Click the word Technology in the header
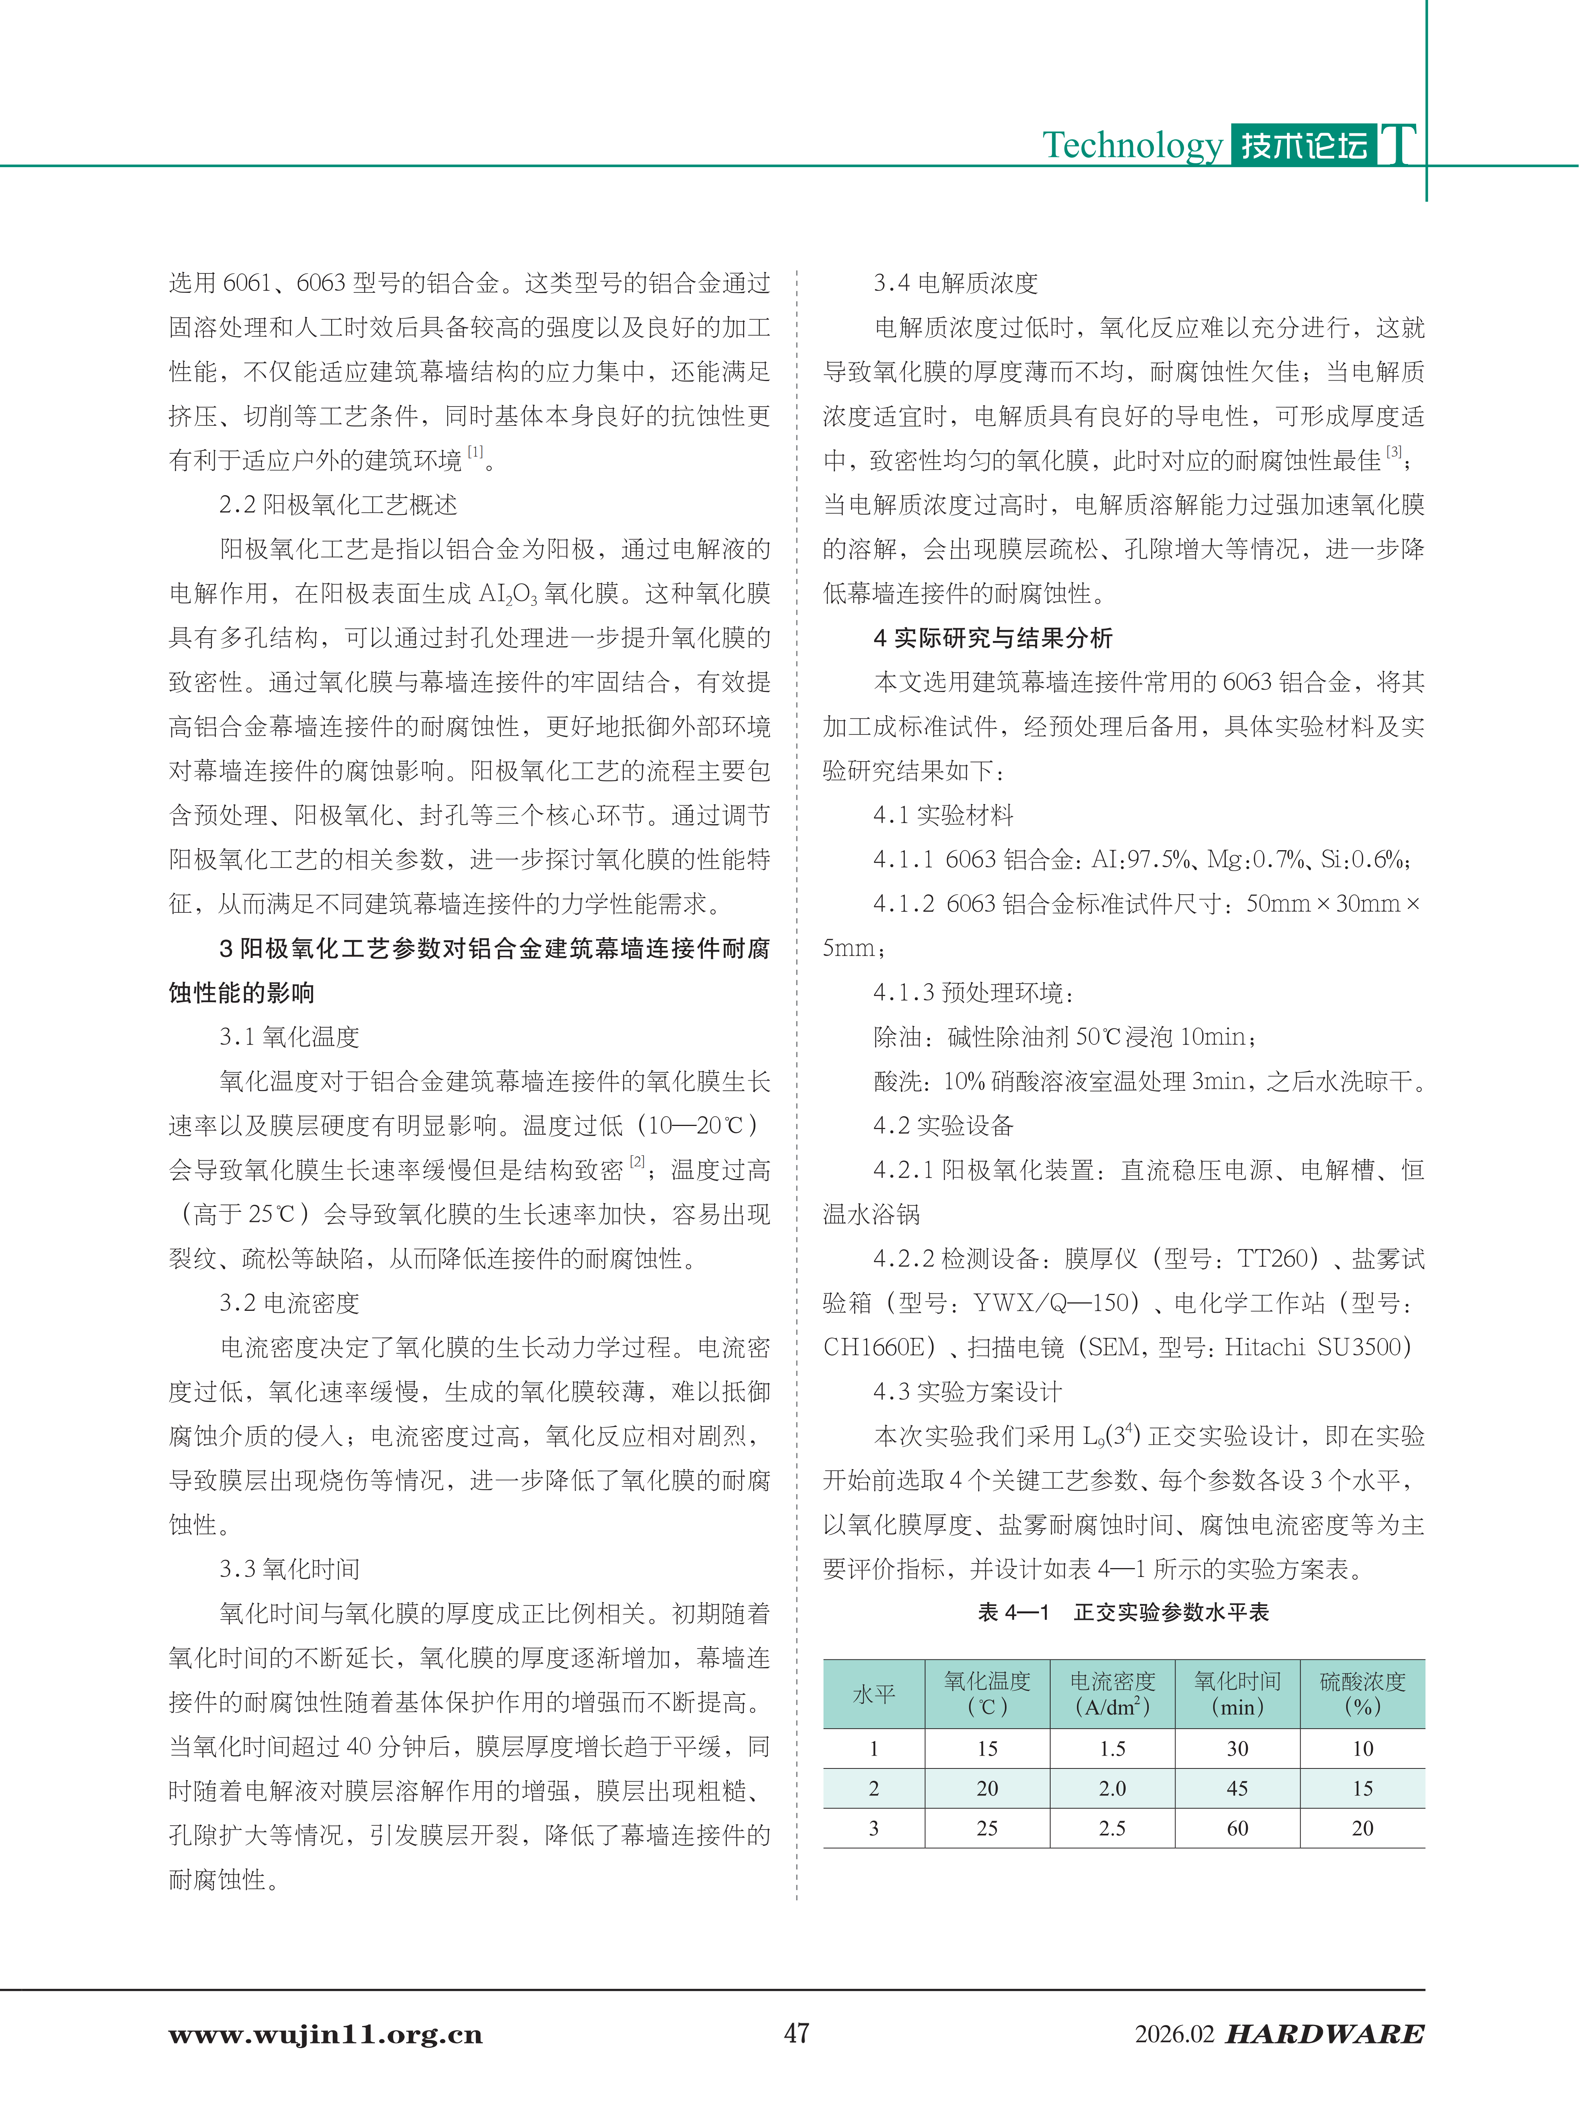tap(1132, 145)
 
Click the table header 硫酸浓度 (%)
tap(1362, 1694)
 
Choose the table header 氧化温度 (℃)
tap(987, 1694)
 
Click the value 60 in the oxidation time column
tap(1237, 1828)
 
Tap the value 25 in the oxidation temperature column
tap(987, 1828)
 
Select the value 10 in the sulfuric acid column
tap(1362, 1749)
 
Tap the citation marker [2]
tap(637, 1162)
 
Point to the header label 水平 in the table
tap(873, 1694)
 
